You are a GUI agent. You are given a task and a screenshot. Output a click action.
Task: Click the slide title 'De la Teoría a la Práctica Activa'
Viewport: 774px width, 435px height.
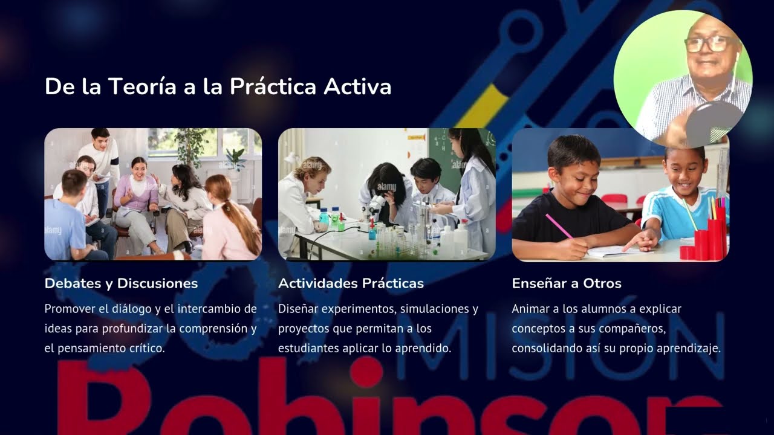(x=218, y=86)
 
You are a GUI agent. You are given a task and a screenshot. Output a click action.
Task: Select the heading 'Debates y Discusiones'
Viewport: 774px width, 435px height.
(x=121, y=283)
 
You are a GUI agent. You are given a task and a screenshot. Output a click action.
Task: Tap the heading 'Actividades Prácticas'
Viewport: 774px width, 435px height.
(x=351, y=283)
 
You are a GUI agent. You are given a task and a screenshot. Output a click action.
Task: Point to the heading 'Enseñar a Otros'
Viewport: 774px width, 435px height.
(x=567, y=283)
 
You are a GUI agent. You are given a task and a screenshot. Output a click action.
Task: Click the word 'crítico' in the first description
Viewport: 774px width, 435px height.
(x=145, y=349)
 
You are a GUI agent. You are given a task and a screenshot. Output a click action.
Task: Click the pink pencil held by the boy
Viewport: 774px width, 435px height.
(x=559, y=226)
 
